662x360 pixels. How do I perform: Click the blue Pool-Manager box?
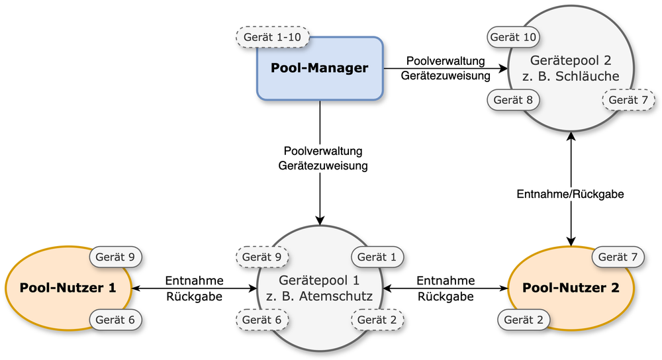pyautogui.click(x=320, y=68)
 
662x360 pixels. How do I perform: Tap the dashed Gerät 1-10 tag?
pyautogui.click(x=273, y=37)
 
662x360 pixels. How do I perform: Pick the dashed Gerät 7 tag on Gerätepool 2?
pyautogui.click(x=628, y=100)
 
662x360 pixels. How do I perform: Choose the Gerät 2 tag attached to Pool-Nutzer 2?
pyautogui.click(x=524, y=320)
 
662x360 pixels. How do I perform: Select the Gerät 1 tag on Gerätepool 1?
pyautogui.click(x=377, y=256)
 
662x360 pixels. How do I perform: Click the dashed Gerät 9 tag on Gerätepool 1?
pyautogui.click(x=263, y=256)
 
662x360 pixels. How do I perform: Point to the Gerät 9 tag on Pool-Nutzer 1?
pyautogui.click(x=116, y=256)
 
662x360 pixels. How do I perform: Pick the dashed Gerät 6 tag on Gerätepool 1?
pyautogui.click(x=263, y=320)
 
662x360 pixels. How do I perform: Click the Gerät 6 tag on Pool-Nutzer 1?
pyautogui.click(x=116, y=320)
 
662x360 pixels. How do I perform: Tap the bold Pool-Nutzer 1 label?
pyautogui.click(x=68, y=288)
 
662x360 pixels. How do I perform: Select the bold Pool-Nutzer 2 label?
pyautogui.click(x=571, y=288)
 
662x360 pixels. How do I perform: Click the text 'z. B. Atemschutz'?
pyautogui.click(x=320, y=296)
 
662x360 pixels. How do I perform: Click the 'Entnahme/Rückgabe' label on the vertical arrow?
pyautogui.click(x=571, y=195)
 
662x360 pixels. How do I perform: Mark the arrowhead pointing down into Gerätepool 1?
pyautogui.click(x=320, y=219)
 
